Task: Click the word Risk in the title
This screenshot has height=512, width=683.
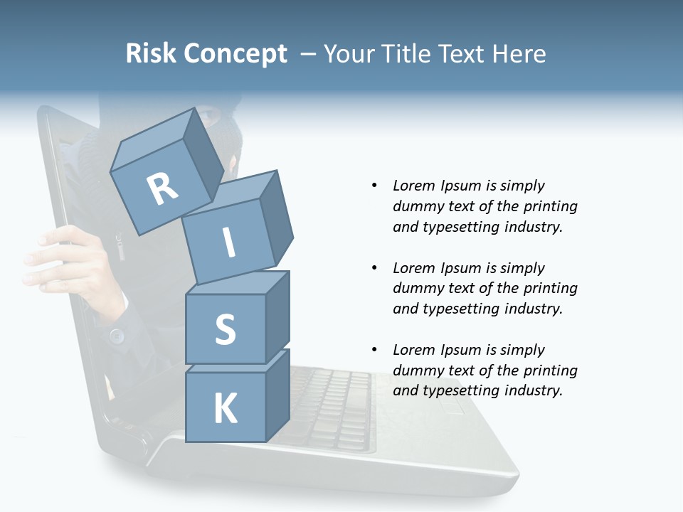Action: click(150, 54)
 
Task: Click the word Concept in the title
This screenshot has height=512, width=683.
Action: click(236, 55)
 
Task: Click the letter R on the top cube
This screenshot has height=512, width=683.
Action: click(162, 188)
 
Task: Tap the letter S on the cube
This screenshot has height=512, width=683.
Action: click(226, 330)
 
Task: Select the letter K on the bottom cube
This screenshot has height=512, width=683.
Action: click(226, 409)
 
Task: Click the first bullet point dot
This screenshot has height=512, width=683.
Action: click(374, 186)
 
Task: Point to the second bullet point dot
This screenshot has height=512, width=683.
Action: click(374, 268)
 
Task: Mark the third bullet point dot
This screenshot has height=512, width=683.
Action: click(374, 350)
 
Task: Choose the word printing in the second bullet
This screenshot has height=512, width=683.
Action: click(550, 289)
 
